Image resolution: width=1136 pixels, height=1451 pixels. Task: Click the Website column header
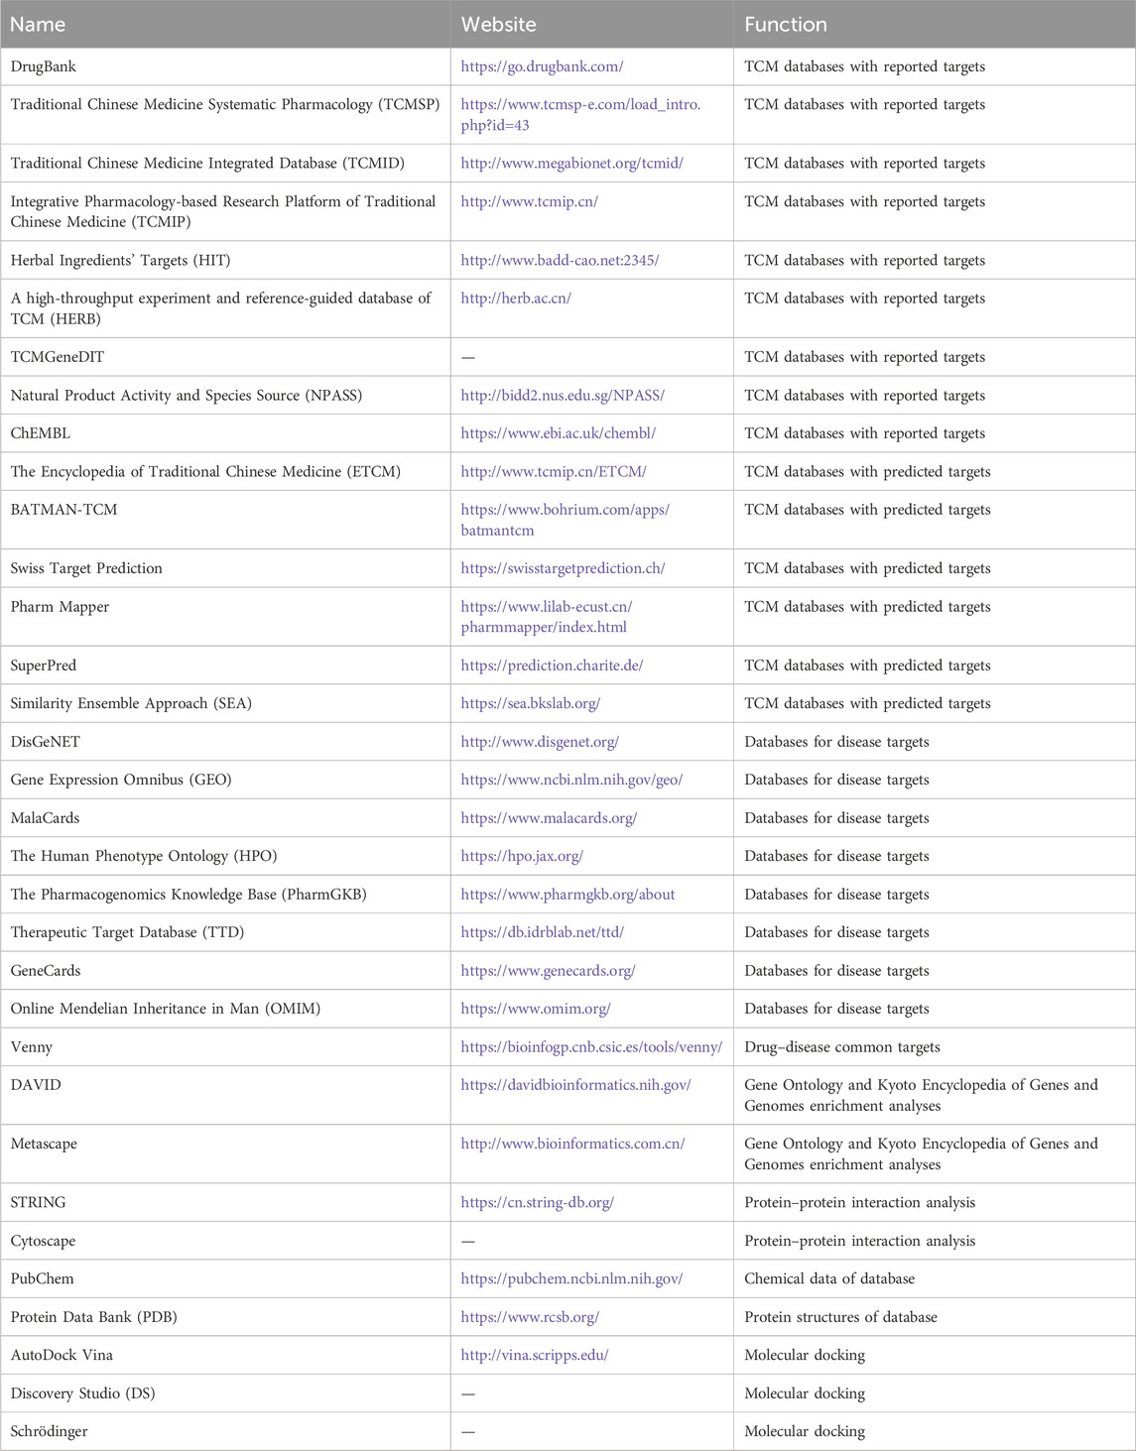tap(498, 24)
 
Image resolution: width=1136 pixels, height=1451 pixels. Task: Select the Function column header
tap(785, 24)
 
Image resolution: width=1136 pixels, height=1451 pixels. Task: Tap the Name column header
tap(38, 24)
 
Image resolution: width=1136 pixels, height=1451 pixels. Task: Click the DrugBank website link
tap(542, 66)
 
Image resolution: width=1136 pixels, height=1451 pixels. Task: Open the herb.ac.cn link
tap(516, 299)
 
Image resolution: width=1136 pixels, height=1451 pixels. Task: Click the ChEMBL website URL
tap(558, 433)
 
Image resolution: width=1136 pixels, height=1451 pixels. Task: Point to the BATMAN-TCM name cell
tap(63, 510)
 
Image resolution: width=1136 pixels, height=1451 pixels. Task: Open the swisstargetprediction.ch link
tap(563, 568)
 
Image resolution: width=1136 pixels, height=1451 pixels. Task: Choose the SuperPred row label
tap(44, 665)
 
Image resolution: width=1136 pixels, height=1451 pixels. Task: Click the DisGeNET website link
tap(540, 742)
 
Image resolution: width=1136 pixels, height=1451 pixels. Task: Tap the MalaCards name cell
tap(45, 818)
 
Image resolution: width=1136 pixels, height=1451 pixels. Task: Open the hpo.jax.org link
tap(522, 856)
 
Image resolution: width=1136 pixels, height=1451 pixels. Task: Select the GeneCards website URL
tap(548, 971)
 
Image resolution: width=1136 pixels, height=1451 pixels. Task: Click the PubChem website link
tap(571, 1279)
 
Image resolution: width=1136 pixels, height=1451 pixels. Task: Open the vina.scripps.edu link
tap(535, 1355)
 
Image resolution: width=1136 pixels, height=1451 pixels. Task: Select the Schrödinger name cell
tap(49, 1431)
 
